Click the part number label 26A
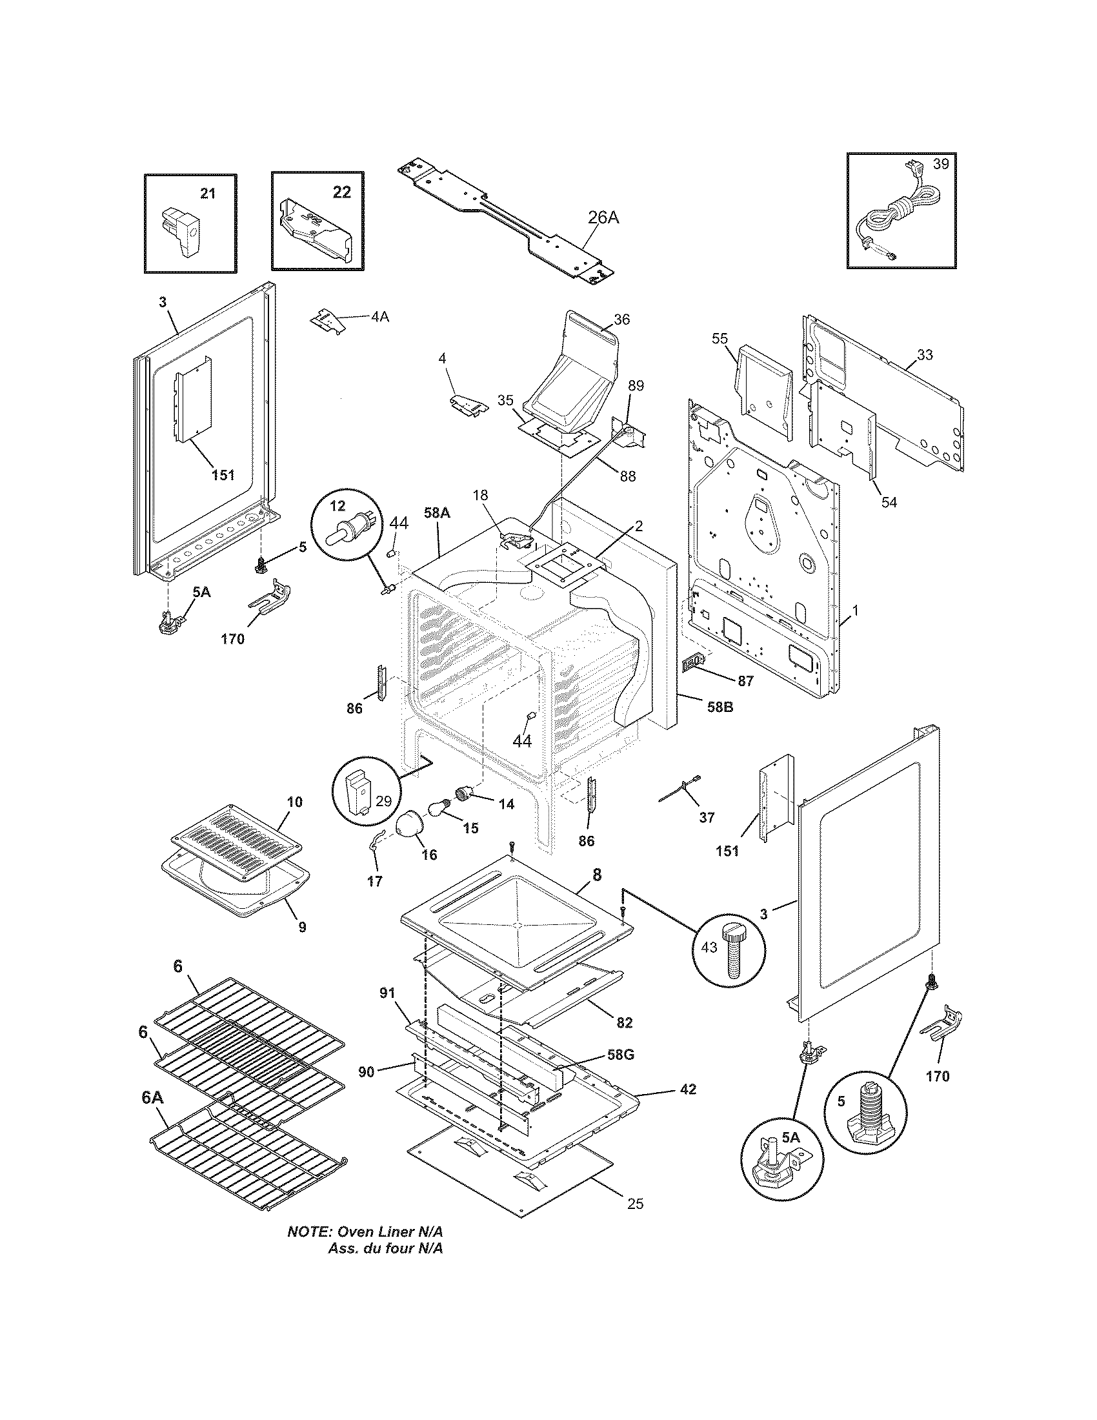603,218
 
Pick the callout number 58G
620,1054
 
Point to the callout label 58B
720,707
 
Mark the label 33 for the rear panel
925,354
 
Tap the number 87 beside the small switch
745,681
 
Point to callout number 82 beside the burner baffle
624,1023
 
